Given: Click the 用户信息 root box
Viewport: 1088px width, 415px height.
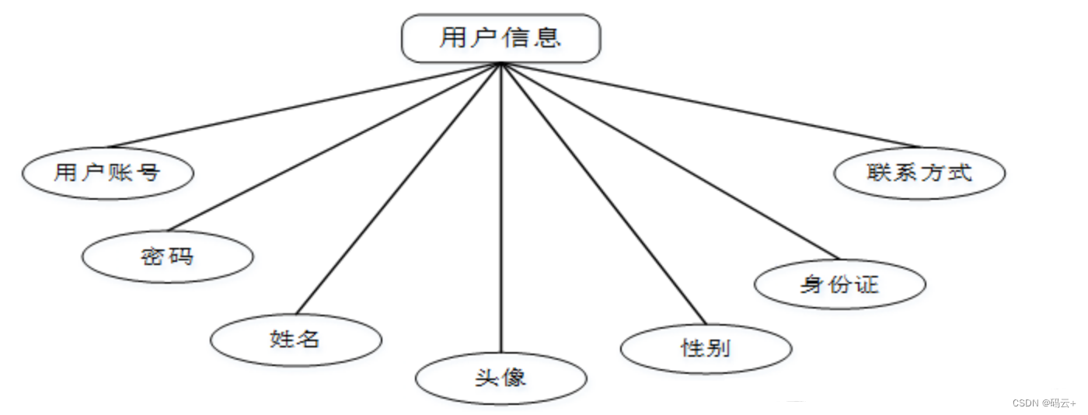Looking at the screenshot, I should [501, 38].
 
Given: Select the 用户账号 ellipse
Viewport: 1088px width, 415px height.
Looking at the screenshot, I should [107, 173].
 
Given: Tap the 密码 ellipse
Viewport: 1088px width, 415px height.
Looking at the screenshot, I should [167, 256].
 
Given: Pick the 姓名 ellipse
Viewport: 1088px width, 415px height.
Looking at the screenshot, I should [296, 340].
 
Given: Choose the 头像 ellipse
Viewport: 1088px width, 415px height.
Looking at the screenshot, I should [501, 378].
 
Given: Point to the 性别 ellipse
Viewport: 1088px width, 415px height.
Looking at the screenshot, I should [706, 348].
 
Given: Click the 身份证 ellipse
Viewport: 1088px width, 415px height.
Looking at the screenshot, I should [839, 284].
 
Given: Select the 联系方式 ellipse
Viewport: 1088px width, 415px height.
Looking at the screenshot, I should [919, 173].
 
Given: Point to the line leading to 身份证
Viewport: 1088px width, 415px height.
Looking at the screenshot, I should [670, 161].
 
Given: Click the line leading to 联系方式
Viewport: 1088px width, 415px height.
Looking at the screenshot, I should [709, 106].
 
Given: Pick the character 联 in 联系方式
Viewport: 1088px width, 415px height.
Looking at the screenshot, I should [878, 173].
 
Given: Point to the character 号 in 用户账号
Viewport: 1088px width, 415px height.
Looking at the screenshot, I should [148, 173].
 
